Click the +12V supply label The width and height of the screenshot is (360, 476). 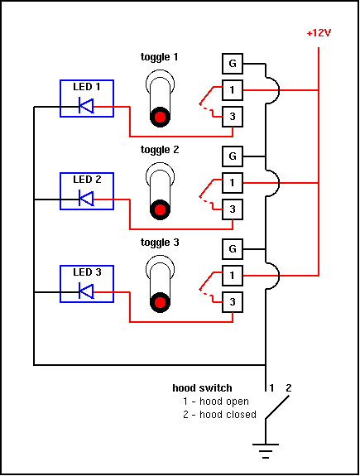tap(319, 33)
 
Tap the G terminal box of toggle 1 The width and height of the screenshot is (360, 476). tap(233, 64)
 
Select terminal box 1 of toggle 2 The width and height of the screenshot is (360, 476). tap(233, 183)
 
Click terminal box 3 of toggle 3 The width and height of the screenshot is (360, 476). tap(233, 302)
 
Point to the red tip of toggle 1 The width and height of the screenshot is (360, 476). tap(160, 117)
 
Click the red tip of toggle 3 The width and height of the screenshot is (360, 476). tap(160, 302)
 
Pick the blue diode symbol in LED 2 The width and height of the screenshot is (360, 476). tap(86, 199)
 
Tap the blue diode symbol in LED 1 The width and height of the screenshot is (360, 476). tap(86, 106)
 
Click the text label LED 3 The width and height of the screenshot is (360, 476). tap(87, 272)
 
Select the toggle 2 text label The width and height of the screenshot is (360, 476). tap(160, 150)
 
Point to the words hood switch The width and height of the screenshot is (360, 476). tap(202, 388)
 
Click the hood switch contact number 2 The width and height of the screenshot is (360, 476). tap(288, 387)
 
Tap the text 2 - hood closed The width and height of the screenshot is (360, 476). tap(220, 415)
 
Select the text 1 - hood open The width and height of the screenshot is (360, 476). tap(216, 401)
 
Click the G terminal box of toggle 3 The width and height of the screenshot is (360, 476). tap(233, 249)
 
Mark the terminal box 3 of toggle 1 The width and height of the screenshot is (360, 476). tap(233, 117)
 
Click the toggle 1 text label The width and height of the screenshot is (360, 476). tap(160, 57)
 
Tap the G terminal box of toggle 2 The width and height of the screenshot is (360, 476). tap(233, 156)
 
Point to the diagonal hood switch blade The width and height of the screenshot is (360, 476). tap(277, 407)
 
